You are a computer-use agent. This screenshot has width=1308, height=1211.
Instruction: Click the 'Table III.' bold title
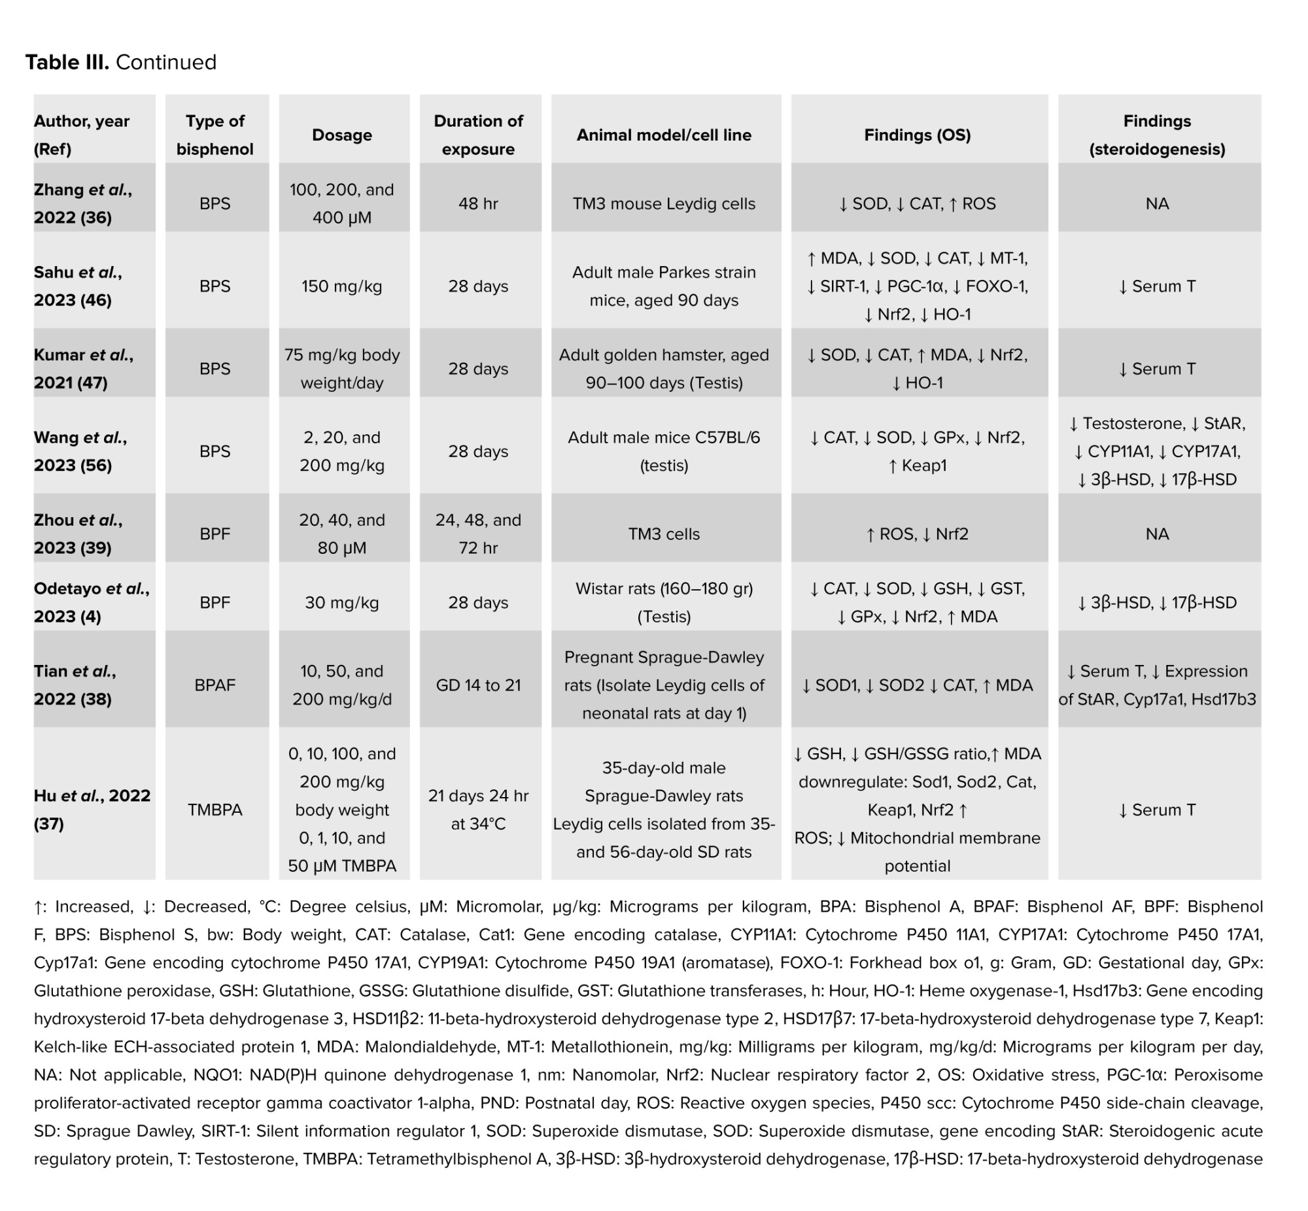pos(67,62)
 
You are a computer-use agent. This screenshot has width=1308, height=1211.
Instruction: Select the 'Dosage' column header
pos(342,135)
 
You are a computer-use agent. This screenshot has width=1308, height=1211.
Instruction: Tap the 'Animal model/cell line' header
pos(664,135)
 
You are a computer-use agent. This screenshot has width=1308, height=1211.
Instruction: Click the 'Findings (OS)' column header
pos(917,135)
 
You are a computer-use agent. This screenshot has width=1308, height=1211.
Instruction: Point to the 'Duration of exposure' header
pos(478,135)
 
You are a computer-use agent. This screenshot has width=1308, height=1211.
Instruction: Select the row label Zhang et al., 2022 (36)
pos(82,203)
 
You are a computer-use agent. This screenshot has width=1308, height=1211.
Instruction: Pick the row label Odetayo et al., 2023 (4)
pos(91,602)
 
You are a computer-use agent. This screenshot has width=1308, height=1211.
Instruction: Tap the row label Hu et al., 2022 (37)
pos(92,810)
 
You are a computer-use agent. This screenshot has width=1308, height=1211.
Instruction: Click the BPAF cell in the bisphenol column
pos(215,685)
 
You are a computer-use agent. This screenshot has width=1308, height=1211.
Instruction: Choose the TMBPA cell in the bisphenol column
pos(215,810)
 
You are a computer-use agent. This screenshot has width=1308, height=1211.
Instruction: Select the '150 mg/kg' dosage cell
pos(342,286)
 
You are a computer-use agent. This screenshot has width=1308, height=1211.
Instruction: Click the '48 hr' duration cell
pos(478,204)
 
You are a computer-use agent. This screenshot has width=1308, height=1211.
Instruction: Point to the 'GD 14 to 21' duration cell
pos(478,685)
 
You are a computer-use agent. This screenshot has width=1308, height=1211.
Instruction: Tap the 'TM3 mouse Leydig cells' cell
pos(664,204)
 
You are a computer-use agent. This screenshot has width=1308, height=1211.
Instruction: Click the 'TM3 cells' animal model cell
pos(664,534)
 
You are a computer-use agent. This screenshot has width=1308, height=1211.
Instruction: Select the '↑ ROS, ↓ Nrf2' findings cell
pos(917,534)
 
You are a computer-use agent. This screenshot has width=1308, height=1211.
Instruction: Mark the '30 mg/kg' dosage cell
pos(342,603)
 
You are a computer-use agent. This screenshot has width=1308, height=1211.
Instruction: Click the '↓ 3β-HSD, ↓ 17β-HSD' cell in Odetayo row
pos(1157,603)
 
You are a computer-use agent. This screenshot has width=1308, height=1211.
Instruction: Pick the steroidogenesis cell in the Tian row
pos(1157,685)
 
